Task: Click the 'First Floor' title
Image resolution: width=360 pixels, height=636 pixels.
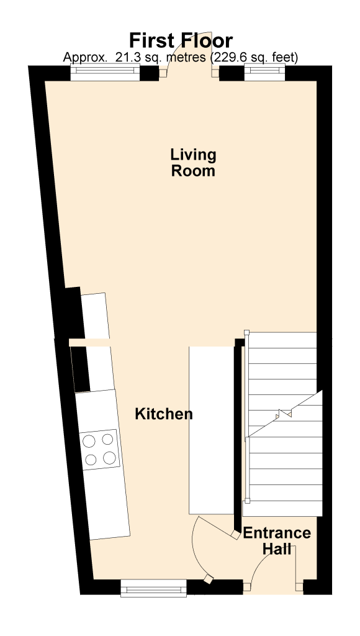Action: (181, 41)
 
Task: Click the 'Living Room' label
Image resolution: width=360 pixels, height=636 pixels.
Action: (193, 163)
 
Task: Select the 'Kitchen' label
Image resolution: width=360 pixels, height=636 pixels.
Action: (164, 414)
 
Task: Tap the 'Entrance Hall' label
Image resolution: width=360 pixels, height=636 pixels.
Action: (277, 540)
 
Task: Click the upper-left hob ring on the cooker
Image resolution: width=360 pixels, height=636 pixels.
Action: (89, 441)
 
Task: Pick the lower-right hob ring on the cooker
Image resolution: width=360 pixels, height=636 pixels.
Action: (109, 458)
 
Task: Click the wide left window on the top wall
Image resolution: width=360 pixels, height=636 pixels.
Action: (105, 73)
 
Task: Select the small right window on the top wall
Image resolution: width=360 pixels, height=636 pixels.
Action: (265, 72)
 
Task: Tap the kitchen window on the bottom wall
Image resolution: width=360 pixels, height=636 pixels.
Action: (154, 588)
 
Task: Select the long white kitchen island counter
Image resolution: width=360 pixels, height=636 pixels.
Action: (212, 430)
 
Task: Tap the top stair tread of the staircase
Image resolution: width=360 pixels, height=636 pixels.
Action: (282, 340)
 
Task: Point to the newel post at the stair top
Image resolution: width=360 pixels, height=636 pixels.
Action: (246, 332)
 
